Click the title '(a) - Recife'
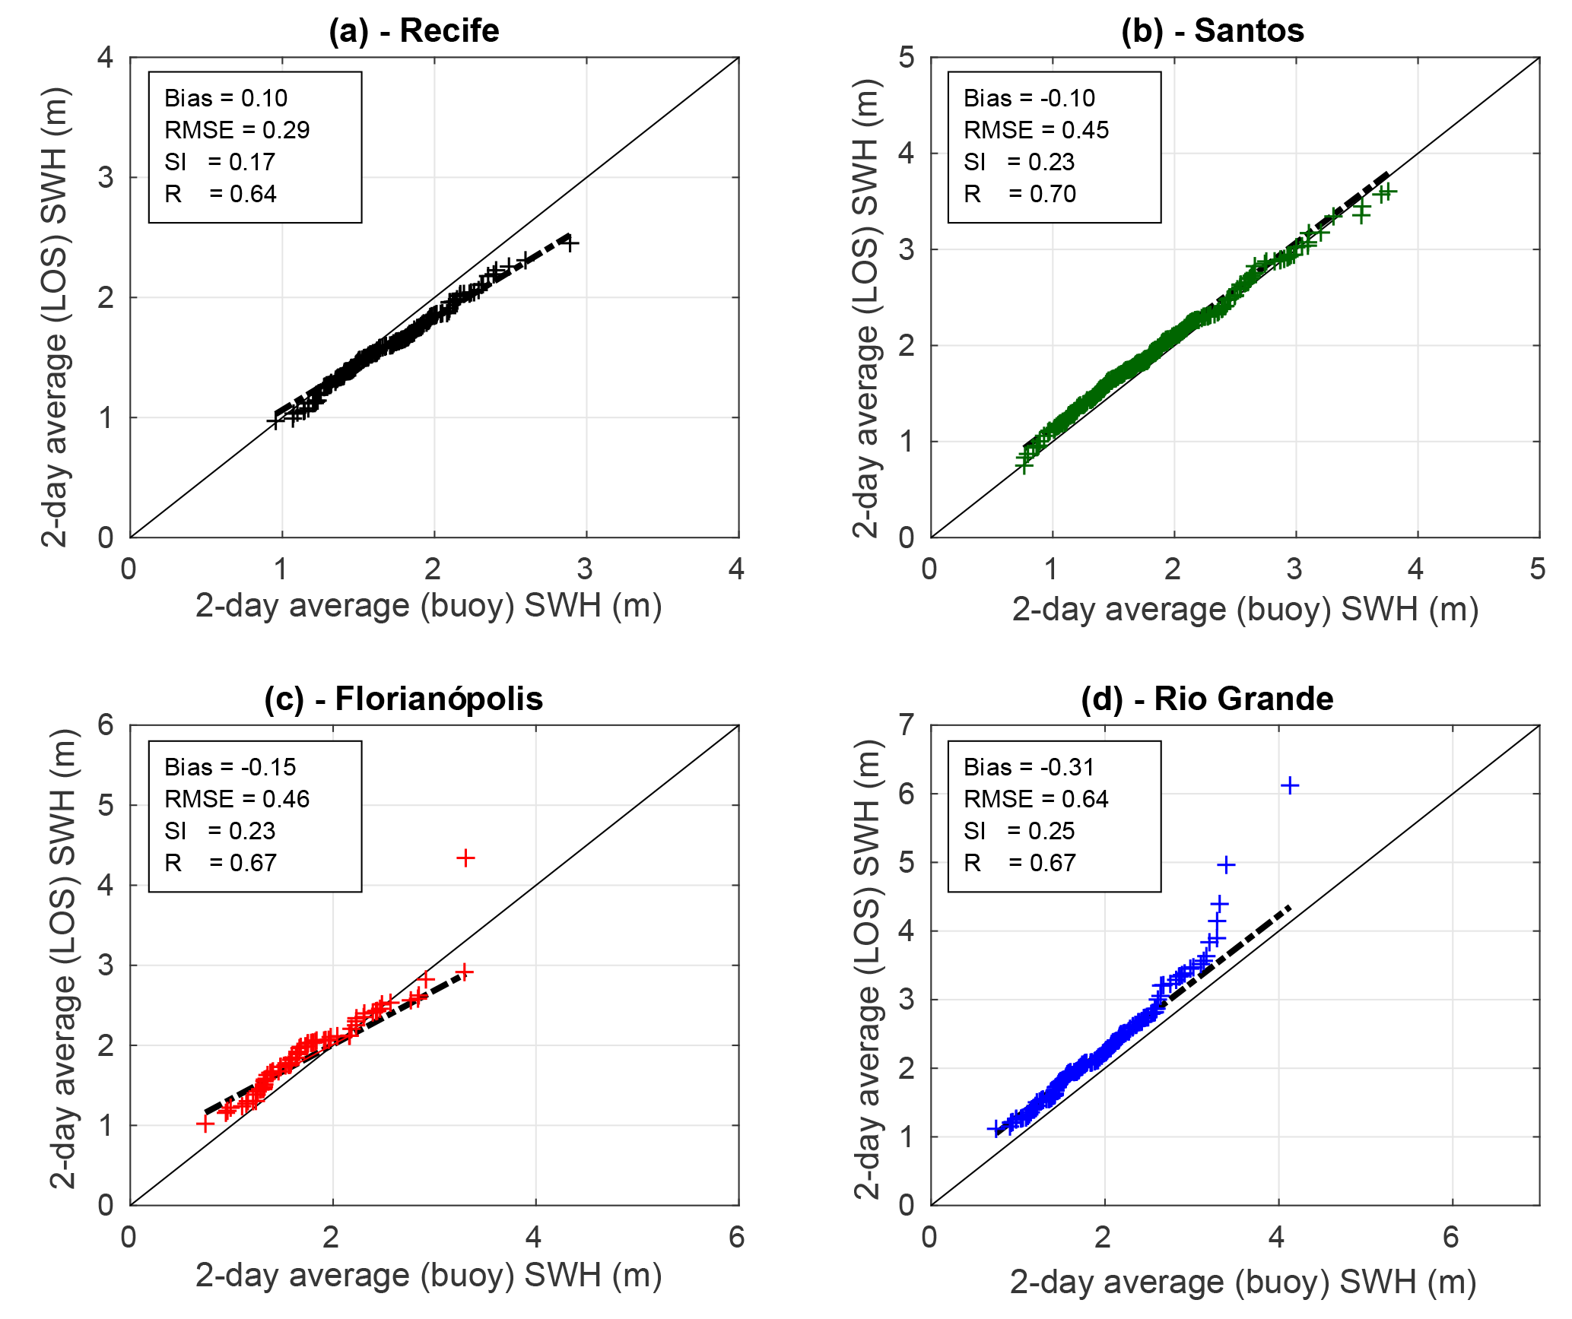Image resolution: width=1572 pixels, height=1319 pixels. pos(414,31)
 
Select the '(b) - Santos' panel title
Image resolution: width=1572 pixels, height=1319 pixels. pos(1212,31)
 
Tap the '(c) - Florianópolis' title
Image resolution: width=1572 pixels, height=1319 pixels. pos(403,699)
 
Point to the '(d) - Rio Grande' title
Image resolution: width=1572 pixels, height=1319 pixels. pos(1207,699)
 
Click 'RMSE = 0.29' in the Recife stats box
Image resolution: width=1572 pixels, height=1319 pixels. pos(237,130)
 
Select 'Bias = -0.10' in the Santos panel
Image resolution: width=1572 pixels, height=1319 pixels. pos(1029,98)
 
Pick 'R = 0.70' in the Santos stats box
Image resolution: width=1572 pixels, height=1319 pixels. pos(1019,194)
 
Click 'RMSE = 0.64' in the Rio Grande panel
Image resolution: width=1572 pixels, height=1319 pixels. pos(1036,799)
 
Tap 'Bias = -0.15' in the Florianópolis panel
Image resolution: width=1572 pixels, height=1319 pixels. pos(230,767)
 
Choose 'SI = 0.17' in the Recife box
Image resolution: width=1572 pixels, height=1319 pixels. pos(220,162)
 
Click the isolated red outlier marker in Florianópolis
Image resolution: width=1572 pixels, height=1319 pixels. pos(465,858)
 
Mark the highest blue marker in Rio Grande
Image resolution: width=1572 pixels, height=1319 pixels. pos(1290,785)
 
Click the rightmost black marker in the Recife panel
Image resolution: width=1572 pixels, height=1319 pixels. pos(570,243)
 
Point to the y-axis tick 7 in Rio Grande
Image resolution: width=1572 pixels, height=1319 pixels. pos(906,724)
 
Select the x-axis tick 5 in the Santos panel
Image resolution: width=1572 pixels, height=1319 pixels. pos(1538,569)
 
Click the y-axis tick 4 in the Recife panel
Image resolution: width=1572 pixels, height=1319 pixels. pos(106,57)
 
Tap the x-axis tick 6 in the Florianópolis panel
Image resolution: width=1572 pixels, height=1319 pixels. pos(736,1237)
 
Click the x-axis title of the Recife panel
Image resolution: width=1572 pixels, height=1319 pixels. pos(428,606)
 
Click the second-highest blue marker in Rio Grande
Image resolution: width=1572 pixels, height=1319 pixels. pos(1226,864)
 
